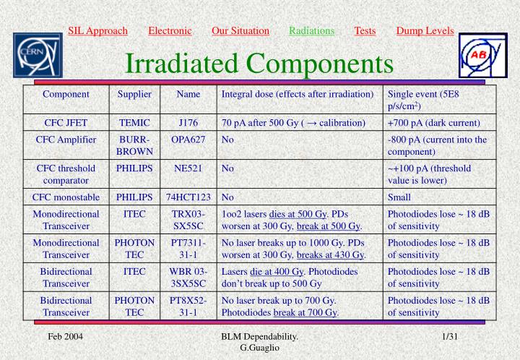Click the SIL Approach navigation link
click(97, 30)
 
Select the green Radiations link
click(311, 30)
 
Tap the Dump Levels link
click(425, 30)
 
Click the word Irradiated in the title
click(182, 64)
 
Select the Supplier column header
click(134, 94)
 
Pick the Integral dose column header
click(297, 94)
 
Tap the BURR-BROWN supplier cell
click(134, 145)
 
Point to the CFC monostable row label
click(66, 197)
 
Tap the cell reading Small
click(399, 197)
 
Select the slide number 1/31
click(451, 337)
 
